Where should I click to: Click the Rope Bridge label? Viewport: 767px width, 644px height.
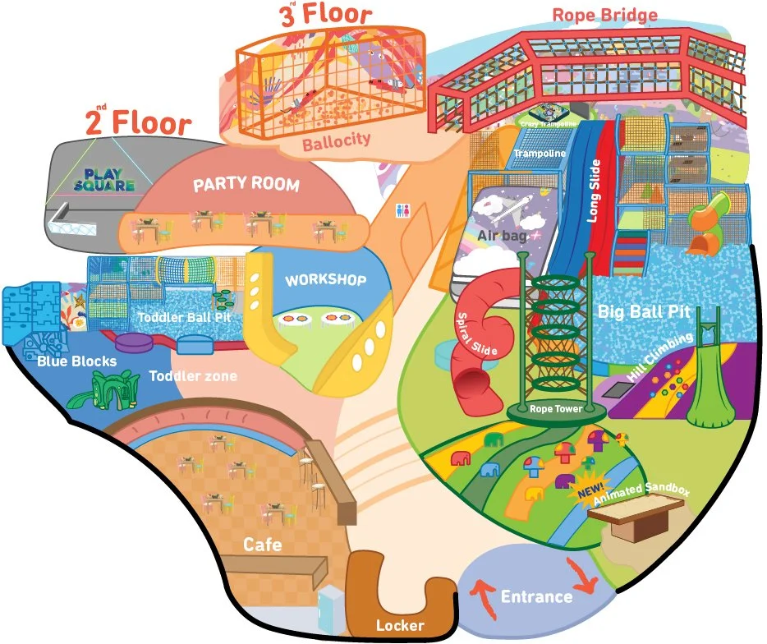[604, 16]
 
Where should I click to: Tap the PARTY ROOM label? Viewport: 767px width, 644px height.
[246, 184]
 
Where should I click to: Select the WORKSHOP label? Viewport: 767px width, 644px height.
[325, 280]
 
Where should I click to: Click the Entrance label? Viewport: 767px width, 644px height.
[536, 596]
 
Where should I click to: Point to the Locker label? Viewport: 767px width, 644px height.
[400, 626]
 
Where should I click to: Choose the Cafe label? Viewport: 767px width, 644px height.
[263, 545]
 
